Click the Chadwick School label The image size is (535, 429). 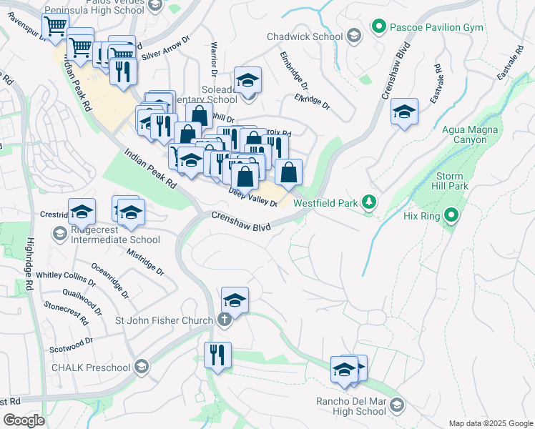304,36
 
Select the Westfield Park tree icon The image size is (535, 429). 368,203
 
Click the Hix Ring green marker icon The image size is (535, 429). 451,214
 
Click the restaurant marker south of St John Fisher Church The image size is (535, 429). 217,355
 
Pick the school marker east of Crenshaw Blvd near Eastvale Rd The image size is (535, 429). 404,112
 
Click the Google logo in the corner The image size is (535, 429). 24,420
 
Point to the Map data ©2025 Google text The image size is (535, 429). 490,423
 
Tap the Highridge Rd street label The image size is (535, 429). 29,263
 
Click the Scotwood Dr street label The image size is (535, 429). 72,345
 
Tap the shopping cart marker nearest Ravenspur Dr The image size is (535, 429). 55,27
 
